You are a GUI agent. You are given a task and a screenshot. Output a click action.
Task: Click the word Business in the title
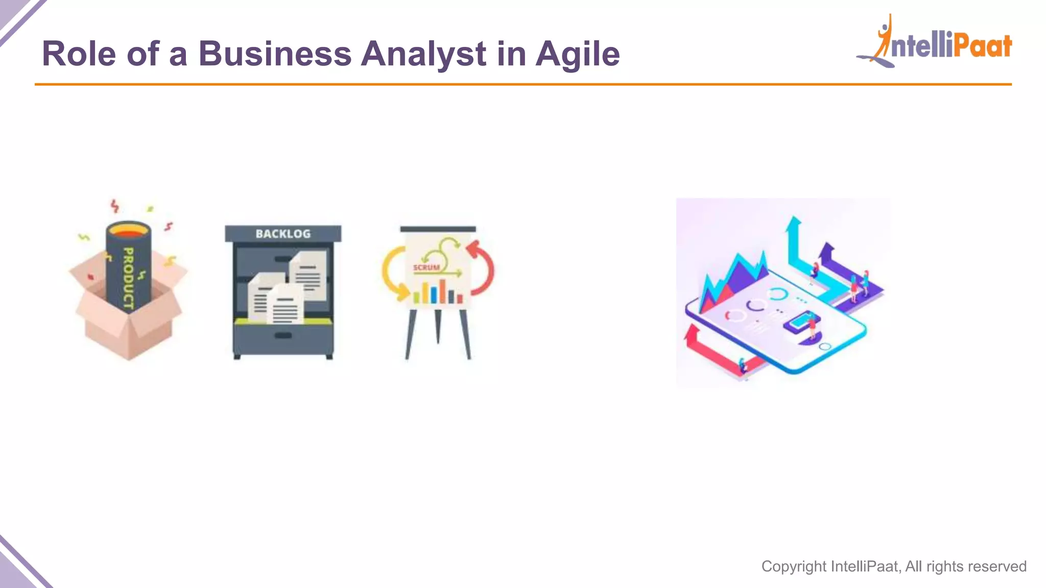(275, 54)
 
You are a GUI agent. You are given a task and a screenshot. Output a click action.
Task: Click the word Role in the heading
(79, 54)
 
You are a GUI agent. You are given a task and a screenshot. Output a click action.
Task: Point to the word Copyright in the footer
(794, 567)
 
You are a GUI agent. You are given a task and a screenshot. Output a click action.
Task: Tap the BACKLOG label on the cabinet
(283, 234)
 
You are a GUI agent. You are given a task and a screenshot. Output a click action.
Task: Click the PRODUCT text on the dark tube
(128, 278)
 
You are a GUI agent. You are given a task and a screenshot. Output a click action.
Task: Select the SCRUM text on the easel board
(426, 267)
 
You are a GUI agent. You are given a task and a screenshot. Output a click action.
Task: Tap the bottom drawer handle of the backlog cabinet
(283, 335)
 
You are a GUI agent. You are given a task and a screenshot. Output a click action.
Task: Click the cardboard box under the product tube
(128, 327)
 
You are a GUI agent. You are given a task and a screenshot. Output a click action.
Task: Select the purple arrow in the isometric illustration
(843, 271)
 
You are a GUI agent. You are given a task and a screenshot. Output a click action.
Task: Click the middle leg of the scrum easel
(438, 327)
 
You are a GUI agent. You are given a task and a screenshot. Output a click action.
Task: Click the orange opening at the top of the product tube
(128, 231)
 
